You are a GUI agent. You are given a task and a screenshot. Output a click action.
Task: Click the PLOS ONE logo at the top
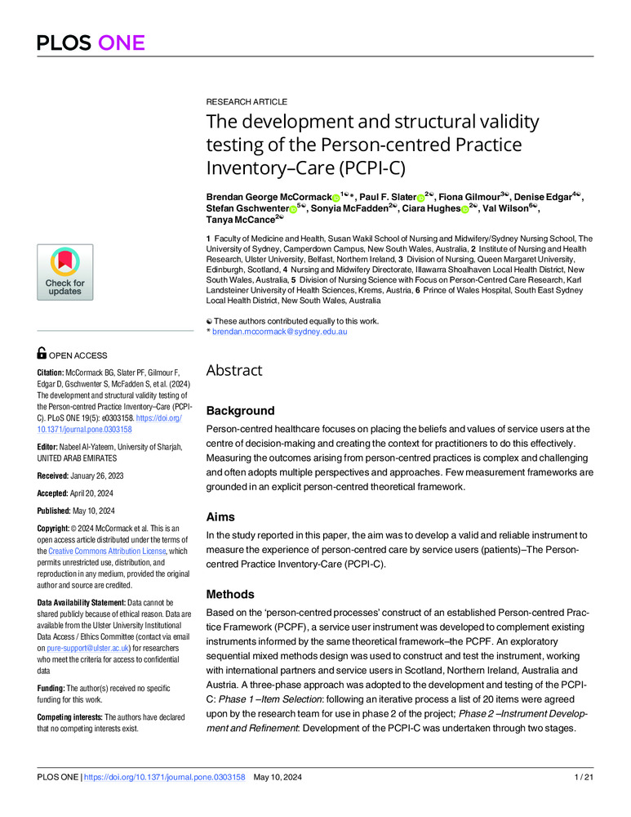point(90,42)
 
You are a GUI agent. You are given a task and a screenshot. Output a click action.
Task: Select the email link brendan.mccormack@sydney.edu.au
point(281,331)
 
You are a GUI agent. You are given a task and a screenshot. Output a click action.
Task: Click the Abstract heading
point(233,370)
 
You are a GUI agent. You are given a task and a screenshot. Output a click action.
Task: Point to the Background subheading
point(240,410)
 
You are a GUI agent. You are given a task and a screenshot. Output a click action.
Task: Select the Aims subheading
point(221,516)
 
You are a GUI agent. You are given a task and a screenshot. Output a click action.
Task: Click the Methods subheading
point(230,594)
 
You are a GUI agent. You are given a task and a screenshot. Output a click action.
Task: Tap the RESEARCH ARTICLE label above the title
point(247,102)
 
